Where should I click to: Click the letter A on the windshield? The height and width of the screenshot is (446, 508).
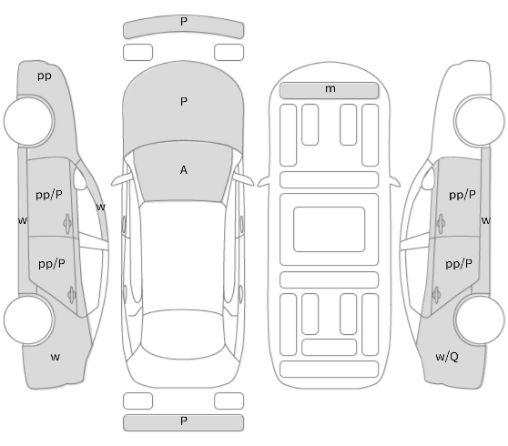coord(183,170)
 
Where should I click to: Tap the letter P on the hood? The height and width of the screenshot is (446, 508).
coord(184,102)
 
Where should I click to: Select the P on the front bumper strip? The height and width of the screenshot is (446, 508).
coord(184,21)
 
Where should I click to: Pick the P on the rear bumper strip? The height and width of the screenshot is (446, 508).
coord(184,421)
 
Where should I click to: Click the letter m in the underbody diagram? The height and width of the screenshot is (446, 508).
coord(330,88)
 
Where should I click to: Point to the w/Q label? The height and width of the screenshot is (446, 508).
coord(447,357)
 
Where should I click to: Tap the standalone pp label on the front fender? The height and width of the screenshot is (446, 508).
coord(45,76)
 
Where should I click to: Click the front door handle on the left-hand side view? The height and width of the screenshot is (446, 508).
coord(67,224)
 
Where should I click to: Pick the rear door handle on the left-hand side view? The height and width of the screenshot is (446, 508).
coord(72,295)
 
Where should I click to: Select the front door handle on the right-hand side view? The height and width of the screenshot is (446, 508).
coord(441,224)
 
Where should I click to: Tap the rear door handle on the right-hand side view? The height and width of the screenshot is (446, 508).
coord(436,295)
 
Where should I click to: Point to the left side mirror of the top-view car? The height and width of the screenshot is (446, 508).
coord(120,179)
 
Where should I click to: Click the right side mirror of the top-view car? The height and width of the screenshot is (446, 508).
coord(244,179)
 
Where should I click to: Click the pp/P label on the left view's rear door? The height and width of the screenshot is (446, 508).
coord(52,264)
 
